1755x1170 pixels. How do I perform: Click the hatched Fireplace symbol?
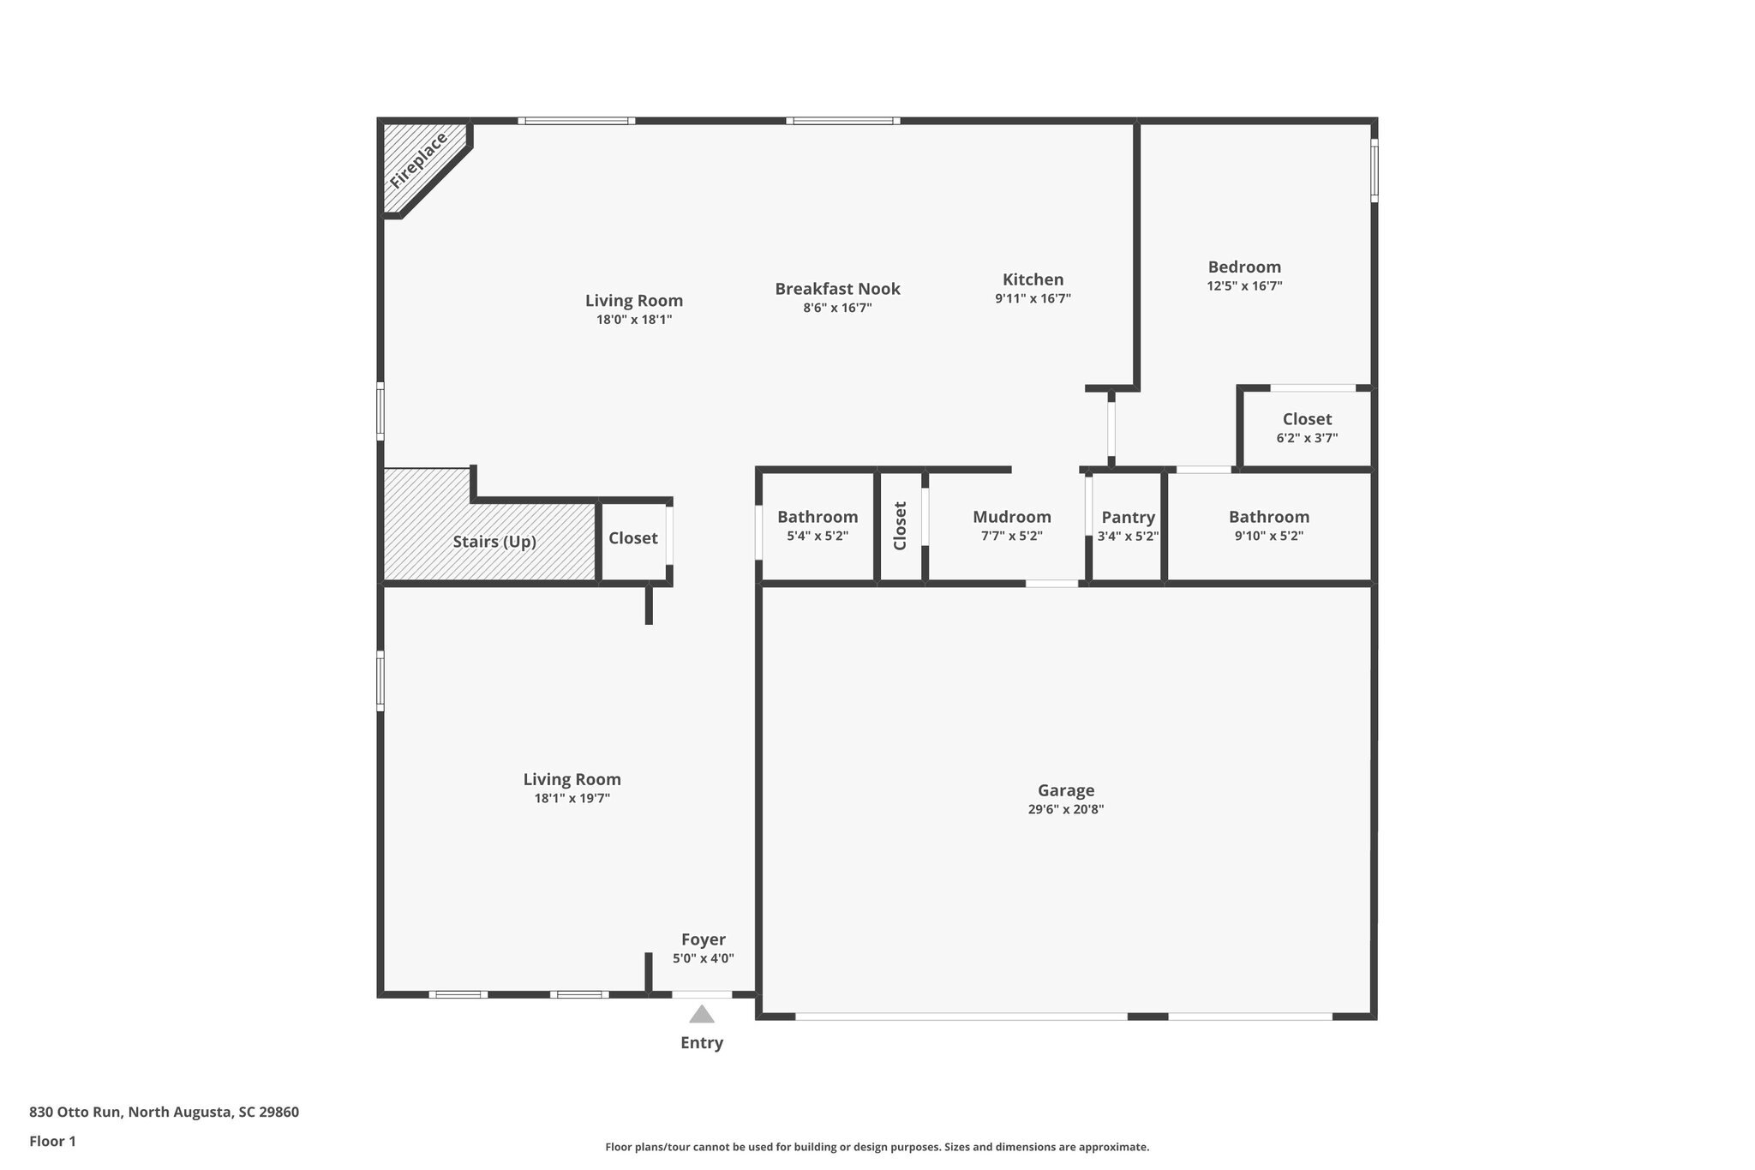(x=418, y=163)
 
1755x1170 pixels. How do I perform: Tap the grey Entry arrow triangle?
(x=702, y=1015)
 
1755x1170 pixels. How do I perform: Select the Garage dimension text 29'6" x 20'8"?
(x=1065, y=809)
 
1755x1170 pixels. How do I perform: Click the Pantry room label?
(x=1128, y=517)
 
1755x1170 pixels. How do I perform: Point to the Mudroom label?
(x=1011, y=517)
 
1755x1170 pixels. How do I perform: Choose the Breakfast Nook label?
(x=837, y=289)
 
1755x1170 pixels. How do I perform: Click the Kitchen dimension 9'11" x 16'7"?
(x=1033, y=298)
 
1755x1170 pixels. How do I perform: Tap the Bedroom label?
(x=1244, y=267)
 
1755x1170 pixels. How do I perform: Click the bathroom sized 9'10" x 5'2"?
(x=1268, y=525)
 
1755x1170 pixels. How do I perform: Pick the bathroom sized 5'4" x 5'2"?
(x=817, y=525)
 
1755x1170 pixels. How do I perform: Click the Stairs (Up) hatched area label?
(x=494, y=542)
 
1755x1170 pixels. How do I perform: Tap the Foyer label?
(x=703, y=939)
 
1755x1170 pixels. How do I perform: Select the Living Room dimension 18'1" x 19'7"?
(x=572, y=798)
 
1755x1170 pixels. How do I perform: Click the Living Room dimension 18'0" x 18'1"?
(x=634, y=320)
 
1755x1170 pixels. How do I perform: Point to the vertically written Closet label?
(x=900, y=525)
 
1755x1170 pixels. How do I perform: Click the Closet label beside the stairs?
(x=633, y=538)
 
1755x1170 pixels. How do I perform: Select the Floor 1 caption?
(x=52, y=1141)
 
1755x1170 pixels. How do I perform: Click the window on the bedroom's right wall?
(x=1374, y=171)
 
